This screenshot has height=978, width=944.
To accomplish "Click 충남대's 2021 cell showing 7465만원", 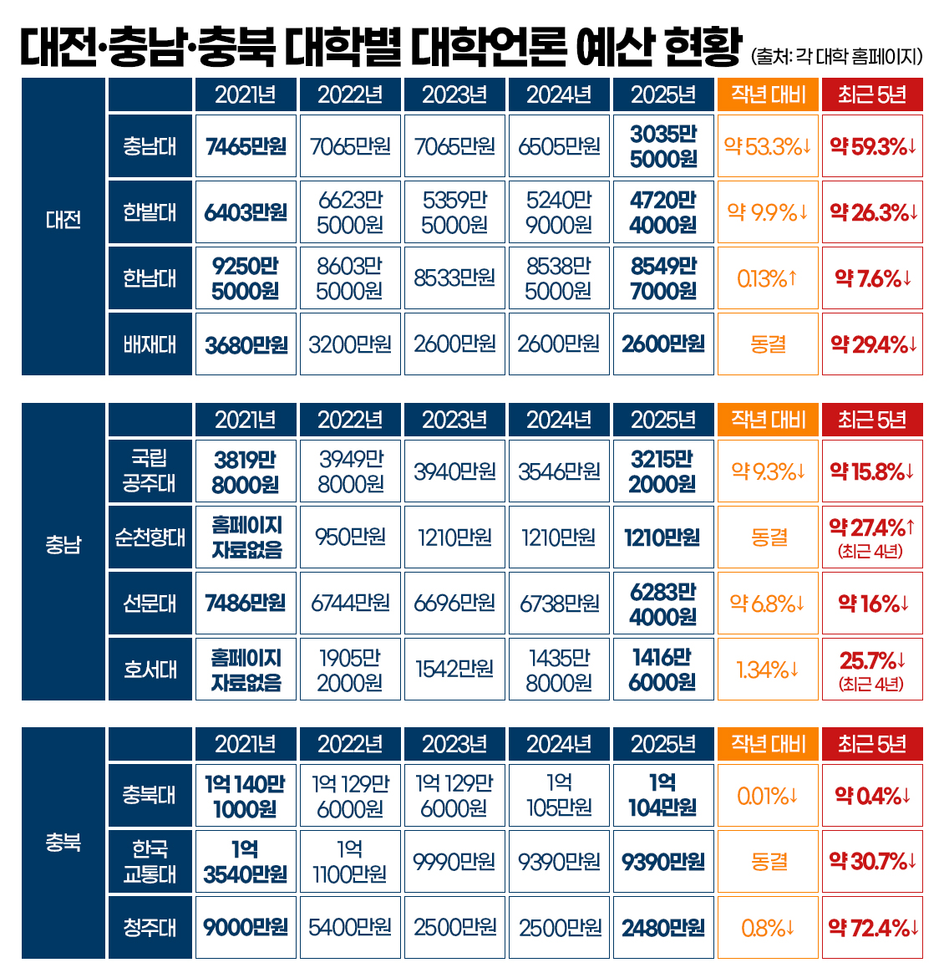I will (246, 146).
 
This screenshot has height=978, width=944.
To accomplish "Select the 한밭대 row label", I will (150, 212).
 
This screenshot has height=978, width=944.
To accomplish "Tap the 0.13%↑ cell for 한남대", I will (768, 278).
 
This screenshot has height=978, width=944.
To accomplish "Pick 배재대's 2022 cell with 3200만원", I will (350, 344).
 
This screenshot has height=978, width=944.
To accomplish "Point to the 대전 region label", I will (63, 220).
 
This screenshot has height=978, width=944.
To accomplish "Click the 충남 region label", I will (63, 545).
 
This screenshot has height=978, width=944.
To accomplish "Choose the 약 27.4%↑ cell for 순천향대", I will (872, 537).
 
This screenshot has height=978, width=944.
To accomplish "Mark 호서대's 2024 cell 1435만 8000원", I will (559, 670).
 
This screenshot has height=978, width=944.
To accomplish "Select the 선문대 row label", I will (150, 604).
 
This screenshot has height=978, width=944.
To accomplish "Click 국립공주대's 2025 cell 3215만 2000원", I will (663, 471).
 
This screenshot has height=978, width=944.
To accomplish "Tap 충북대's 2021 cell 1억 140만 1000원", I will (246, 796).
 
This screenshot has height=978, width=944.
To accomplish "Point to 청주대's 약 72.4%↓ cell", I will (872, 928).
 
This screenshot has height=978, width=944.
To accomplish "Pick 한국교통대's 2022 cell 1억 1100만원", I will (350, 862).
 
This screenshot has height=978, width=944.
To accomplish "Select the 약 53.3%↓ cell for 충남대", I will (768, 146).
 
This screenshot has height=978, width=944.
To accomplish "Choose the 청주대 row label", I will (150, 928).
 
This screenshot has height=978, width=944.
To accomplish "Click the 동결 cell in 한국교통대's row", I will (768, 862).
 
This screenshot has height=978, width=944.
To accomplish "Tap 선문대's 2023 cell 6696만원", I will (454, 604).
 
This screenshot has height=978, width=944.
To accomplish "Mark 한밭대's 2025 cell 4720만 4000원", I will (663, 212).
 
